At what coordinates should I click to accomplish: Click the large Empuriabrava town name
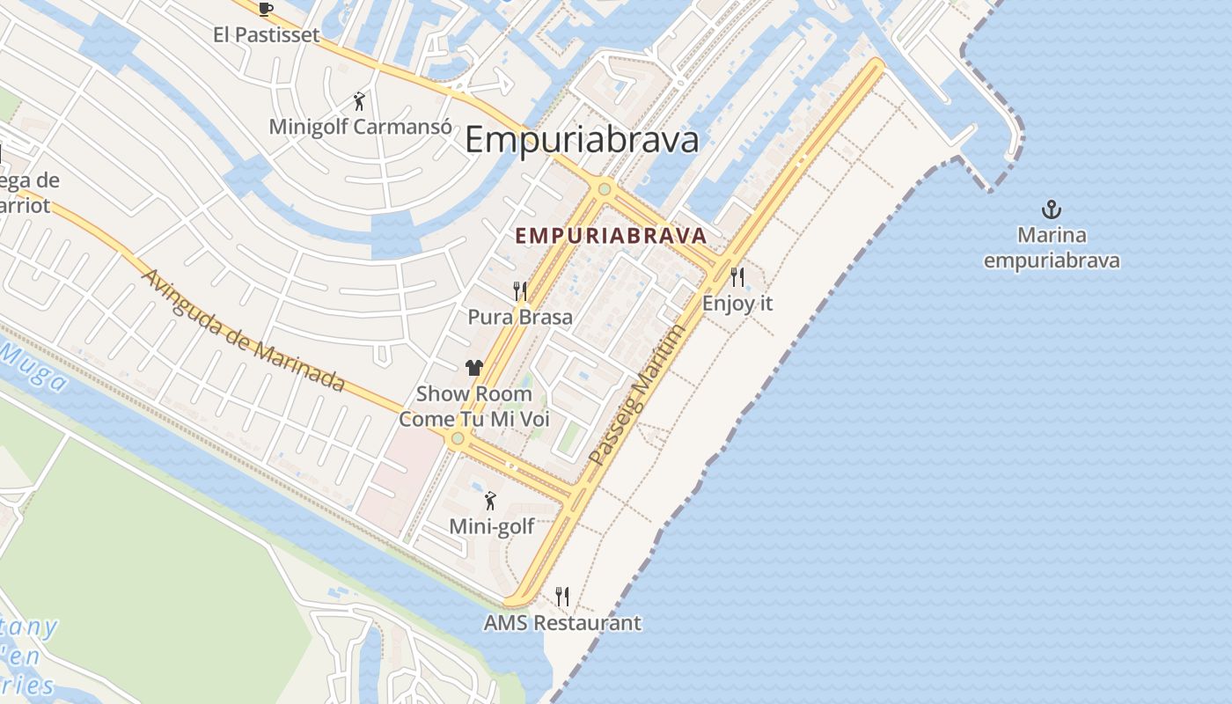click(x=582, y=140)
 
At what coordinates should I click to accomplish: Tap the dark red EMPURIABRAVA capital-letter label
click(x=611, y=236)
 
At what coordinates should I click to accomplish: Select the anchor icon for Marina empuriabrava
click(x=1051, y=209)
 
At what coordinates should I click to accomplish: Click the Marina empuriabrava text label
click(x=1052, y=248)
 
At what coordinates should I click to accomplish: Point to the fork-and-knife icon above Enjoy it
click(x=737, y=277)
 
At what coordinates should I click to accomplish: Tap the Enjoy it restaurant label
click(x=737, y=304)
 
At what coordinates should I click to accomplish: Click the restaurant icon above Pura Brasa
click(x=520, y=290)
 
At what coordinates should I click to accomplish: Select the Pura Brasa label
click(x=520, y=317)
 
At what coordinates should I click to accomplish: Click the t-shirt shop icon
click(x=474, y=368)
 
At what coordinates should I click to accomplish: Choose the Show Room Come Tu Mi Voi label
click(x=474, y=406)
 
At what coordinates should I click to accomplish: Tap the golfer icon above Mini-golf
click(x=491, y=502)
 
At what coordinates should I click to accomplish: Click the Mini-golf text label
click(x=492, y=526)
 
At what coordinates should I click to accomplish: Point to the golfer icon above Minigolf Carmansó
click(x=358, y=100)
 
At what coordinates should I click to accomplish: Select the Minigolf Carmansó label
click(x=355, y=126)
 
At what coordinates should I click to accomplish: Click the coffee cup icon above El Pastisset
click(x=266, y=10)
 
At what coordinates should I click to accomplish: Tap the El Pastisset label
click(x=266, y=35)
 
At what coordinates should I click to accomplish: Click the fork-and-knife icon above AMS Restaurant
click(x=562, y=597)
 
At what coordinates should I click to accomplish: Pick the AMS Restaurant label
click(x=562, y=623)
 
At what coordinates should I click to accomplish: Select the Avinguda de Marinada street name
click(x=243, y=330)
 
